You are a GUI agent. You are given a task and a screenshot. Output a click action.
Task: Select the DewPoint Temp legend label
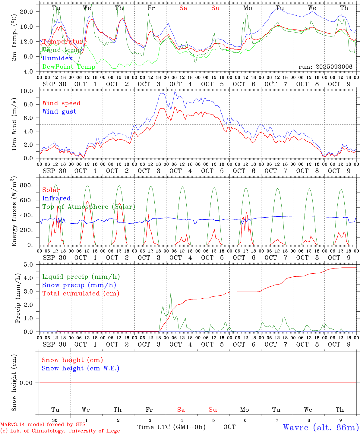pyautogui.click(x=69, y=67)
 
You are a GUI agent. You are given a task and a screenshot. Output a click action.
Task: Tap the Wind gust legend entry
pyautogui.click(x=59, y=112)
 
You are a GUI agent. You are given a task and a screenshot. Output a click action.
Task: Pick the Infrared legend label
pyautogui.click(x=56, y=198)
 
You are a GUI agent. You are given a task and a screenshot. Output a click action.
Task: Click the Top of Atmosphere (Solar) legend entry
pyautogui.click(x=88, y=207)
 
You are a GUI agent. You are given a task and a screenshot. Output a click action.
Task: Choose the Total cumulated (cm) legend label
pyautogui.click(x=81, y=293)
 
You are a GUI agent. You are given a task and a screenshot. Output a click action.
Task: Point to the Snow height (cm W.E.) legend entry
pyautogui.click(x=80, y=368)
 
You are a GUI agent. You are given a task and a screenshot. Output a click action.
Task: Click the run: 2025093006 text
pyautogui.click(x=325, y=67)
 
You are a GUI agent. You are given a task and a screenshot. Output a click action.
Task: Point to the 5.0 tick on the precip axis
pyautogui.click(x=28, y=265)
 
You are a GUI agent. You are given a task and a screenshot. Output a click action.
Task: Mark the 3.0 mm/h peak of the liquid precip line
pyautogui.click(x=171, y=292)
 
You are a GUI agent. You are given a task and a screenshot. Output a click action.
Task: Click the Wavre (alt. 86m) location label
pyautogui.click(x=321, y=427)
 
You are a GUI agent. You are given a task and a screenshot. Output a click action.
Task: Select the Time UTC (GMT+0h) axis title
pyautogui.click(x=171, y=427)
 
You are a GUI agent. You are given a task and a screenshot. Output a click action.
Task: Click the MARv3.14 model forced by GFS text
pyautogui.click(x=43, y=424)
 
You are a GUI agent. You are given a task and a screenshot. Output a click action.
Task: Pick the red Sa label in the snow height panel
pyautogui.click(x=181, y=410)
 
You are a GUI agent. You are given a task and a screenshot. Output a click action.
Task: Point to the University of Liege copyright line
pyautogui.click(x=60, y=431)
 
